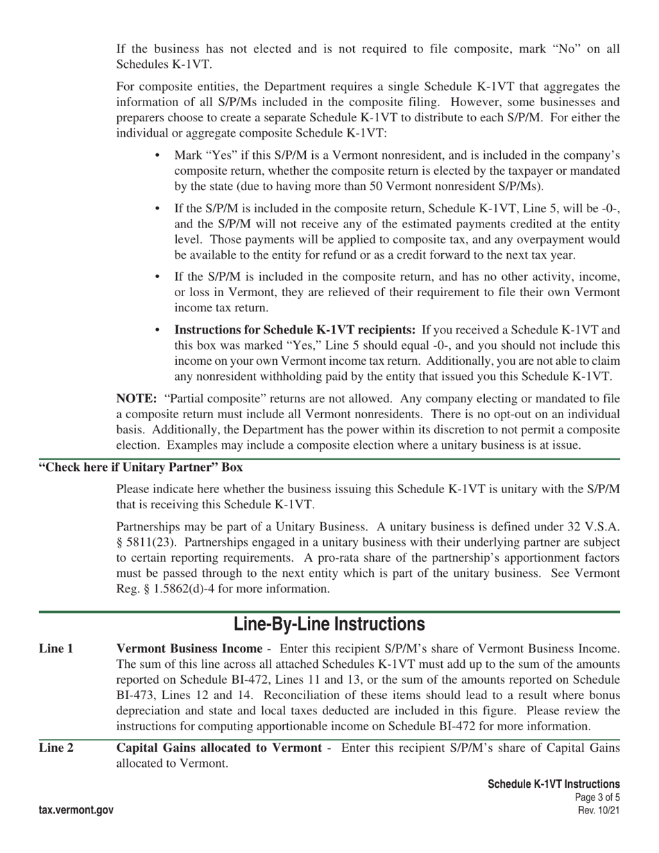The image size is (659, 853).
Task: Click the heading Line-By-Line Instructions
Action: (x=329, y=624)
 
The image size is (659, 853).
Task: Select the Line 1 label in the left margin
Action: (x=56, y=649)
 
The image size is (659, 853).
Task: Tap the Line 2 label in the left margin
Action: (x=56, y=748)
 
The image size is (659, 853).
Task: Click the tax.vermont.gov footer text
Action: (x=76, y=810)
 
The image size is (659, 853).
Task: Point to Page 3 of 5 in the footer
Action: (x=598, y=798)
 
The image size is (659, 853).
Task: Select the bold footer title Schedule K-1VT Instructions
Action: (x=554, y=784)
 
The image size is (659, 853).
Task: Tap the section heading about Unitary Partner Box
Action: (x=141, y=467)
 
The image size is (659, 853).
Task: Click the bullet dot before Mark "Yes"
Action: (x=158, y=155)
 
